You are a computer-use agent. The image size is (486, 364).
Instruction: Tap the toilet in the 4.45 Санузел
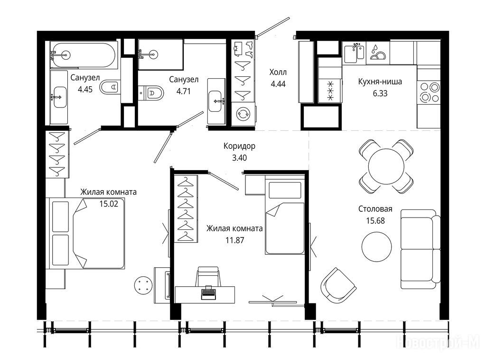pos(110,87)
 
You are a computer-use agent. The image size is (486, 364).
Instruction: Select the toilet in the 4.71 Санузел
pos(151,92)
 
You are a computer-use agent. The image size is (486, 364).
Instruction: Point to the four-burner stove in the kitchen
pos(429,92)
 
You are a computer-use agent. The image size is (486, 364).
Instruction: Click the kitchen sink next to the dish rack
pos(355,52)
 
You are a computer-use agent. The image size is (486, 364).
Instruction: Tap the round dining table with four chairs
pos(386,166)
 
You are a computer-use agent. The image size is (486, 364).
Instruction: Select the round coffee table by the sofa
pos(376,246)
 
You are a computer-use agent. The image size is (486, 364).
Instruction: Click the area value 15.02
pos(109,204)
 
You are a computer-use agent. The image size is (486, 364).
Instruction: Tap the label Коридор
pos(239,146)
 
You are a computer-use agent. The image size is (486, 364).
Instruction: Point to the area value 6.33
pos(380,93)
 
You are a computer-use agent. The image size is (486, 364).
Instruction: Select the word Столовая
pos(375,209)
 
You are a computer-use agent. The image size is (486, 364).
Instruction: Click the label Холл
pos(278,72)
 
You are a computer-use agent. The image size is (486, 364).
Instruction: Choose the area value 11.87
pos(234,240)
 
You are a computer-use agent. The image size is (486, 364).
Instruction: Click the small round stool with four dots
pos(143,285)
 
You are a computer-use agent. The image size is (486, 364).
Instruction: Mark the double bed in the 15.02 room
pos(85,233)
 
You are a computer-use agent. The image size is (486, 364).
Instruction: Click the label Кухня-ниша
pos(380,82)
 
